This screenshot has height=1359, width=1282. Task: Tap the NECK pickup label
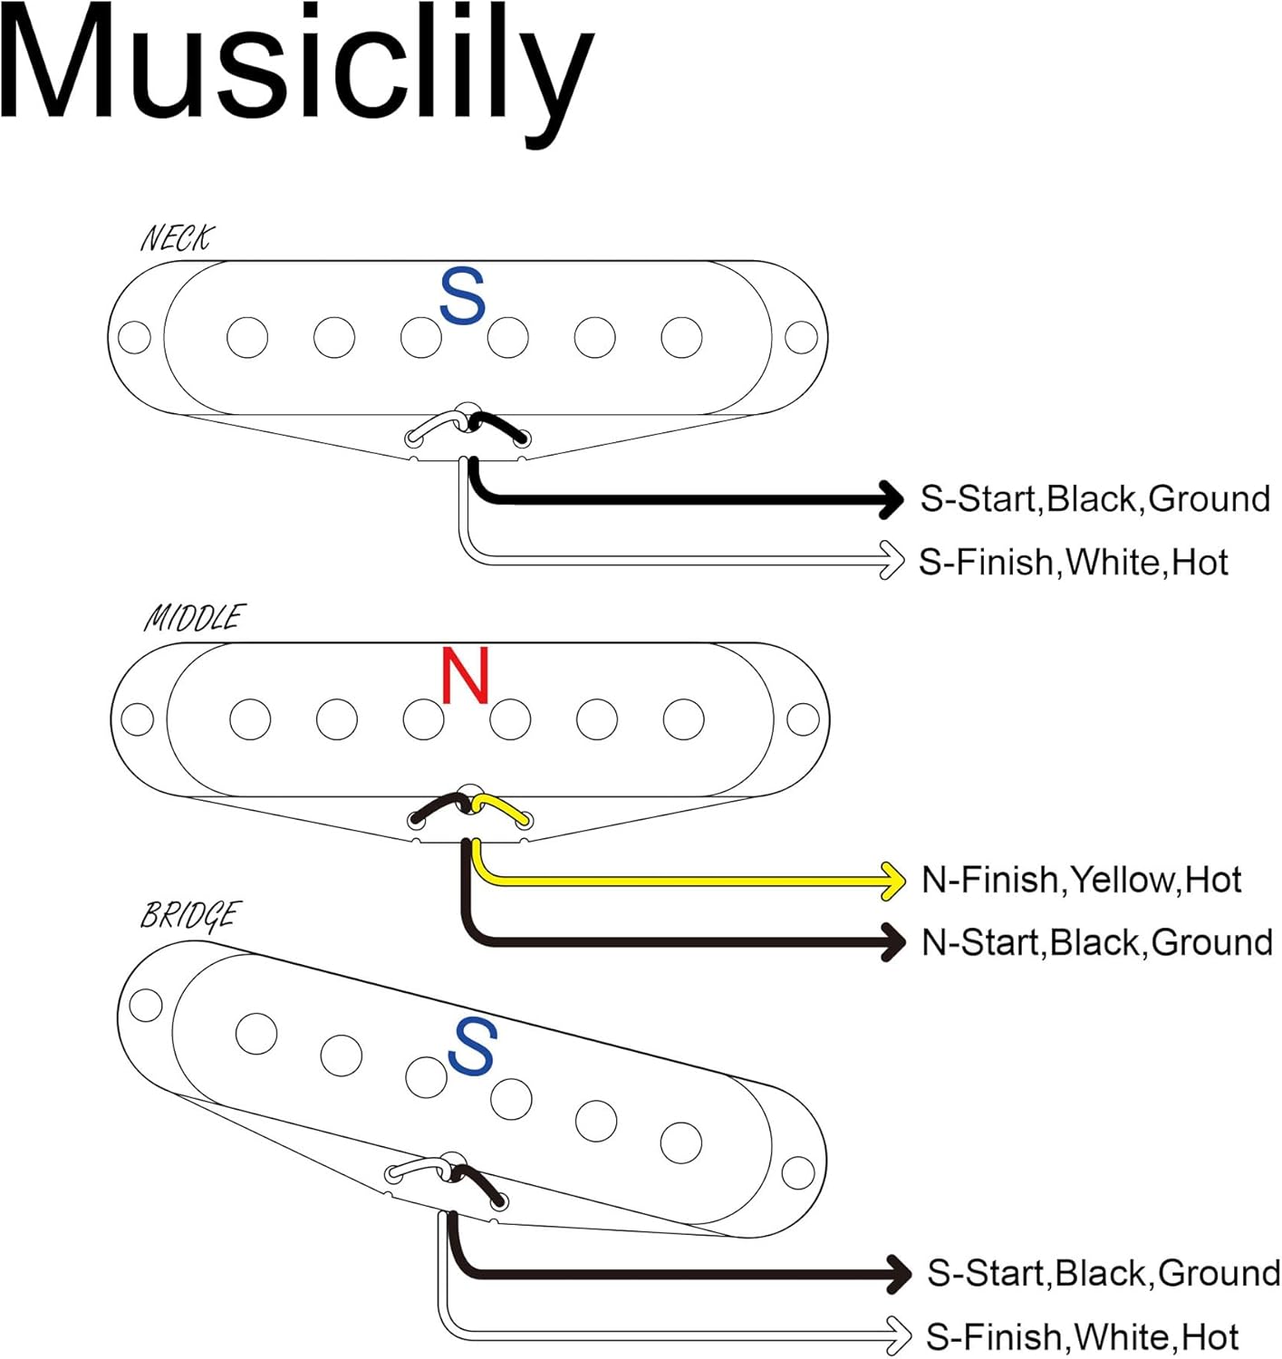pos(176,238)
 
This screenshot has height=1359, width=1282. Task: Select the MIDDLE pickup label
pos(193,618)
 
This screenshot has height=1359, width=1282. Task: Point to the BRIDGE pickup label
pos(189,915)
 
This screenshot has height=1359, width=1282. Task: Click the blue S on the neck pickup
pos(462,296)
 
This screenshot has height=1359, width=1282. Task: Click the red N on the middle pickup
pos(465,676)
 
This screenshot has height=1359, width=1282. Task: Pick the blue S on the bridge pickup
pos(472,1046)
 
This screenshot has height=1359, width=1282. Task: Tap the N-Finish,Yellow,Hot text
pos(1081,880)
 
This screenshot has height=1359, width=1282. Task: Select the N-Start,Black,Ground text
pos(1096,943)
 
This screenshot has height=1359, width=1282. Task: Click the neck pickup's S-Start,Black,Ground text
pos(1094,499)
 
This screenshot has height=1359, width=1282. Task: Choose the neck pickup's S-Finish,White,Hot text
pos(1073,563)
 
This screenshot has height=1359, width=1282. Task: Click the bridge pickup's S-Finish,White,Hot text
pos(1082,1337)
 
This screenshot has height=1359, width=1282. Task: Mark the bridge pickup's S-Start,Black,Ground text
pos(1103,1274)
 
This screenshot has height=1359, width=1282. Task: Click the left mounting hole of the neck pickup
pos(135,338)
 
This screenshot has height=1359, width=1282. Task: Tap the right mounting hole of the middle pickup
pos(803,720)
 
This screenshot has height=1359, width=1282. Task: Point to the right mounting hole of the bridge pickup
pos(797,1172)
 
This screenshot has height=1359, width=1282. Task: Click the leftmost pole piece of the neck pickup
pos(247,338)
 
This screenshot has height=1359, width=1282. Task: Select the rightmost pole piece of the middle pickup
pos(683,720)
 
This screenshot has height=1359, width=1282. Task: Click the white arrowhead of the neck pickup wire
pos(892,561)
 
